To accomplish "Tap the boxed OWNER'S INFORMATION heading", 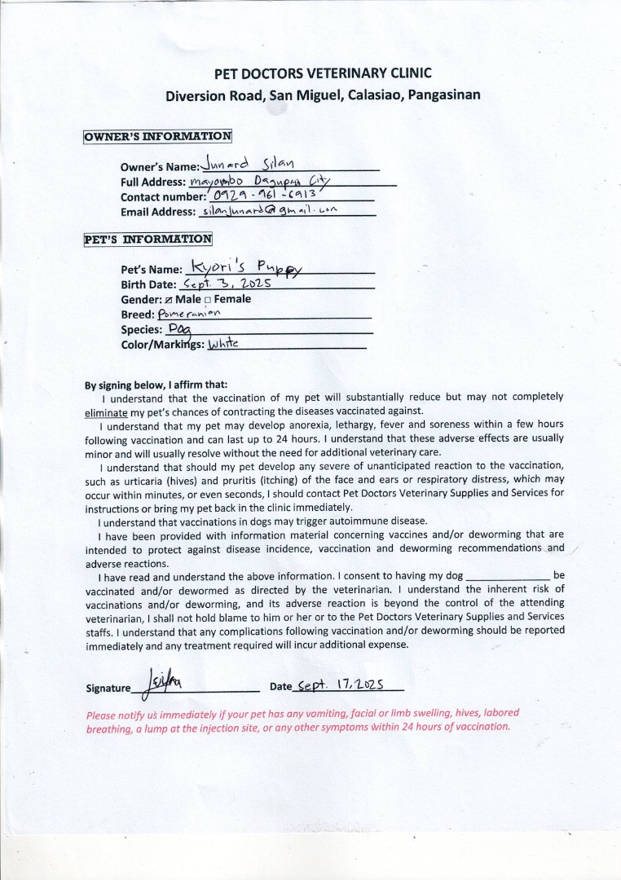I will [157, 136].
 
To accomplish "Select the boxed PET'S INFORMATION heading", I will [148, 240].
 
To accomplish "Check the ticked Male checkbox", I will [169, 300].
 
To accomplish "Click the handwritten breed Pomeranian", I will [190, 314].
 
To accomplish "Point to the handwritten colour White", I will [223, 345].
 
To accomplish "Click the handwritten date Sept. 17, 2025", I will [341, 686].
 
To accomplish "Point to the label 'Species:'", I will [142, 330].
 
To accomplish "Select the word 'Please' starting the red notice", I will [101, 714].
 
